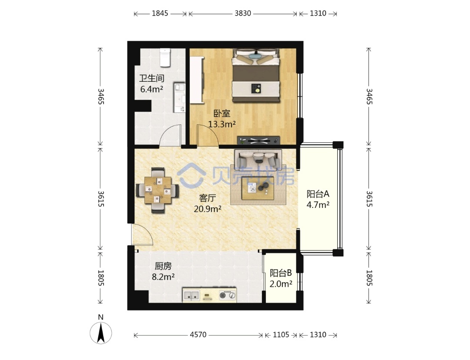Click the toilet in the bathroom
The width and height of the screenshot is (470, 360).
click(165, 57)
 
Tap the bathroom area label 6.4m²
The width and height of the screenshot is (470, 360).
click(152, 89)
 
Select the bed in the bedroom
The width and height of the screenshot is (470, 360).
click(256, 76)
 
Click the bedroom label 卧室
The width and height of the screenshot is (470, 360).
click(222, 113)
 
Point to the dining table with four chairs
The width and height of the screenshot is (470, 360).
click(158, 190)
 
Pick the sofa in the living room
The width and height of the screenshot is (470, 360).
click(258, 158)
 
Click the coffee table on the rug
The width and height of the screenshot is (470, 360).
click(258, 188)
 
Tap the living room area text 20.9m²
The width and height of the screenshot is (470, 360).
click(208, 209)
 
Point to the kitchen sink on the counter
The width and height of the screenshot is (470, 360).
click(191, 295)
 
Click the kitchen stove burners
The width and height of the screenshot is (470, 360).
click(228, 295)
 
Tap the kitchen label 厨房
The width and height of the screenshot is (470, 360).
click(163, 266)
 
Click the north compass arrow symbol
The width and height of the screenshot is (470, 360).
click(101, 332)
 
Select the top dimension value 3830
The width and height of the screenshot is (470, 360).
click(242, 13)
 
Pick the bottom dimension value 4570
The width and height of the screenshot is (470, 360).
click(198, 334)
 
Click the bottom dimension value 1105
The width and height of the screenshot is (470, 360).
click(281, 334)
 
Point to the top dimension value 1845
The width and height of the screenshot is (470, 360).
click(160, 13)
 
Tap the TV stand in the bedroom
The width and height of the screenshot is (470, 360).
click(258, 140)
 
